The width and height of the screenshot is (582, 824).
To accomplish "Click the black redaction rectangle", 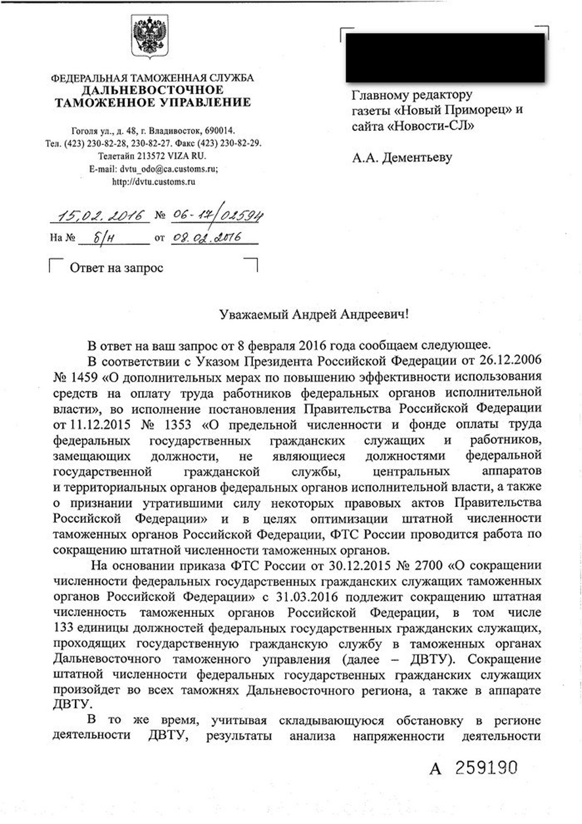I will [x=445, y=58].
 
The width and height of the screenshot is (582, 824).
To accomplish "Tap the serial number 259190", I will [x=490, y=768].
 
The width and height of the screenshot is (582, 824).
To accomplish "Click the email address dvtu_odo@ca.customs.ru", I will [x=169, y=168].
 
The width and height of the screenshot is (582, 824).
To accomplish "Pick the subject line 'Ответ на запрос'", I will [x=117, y=268].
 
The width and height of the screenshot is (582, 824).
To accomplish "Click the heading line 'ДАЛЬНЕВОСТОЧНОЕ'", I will [x=152, y=89].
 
